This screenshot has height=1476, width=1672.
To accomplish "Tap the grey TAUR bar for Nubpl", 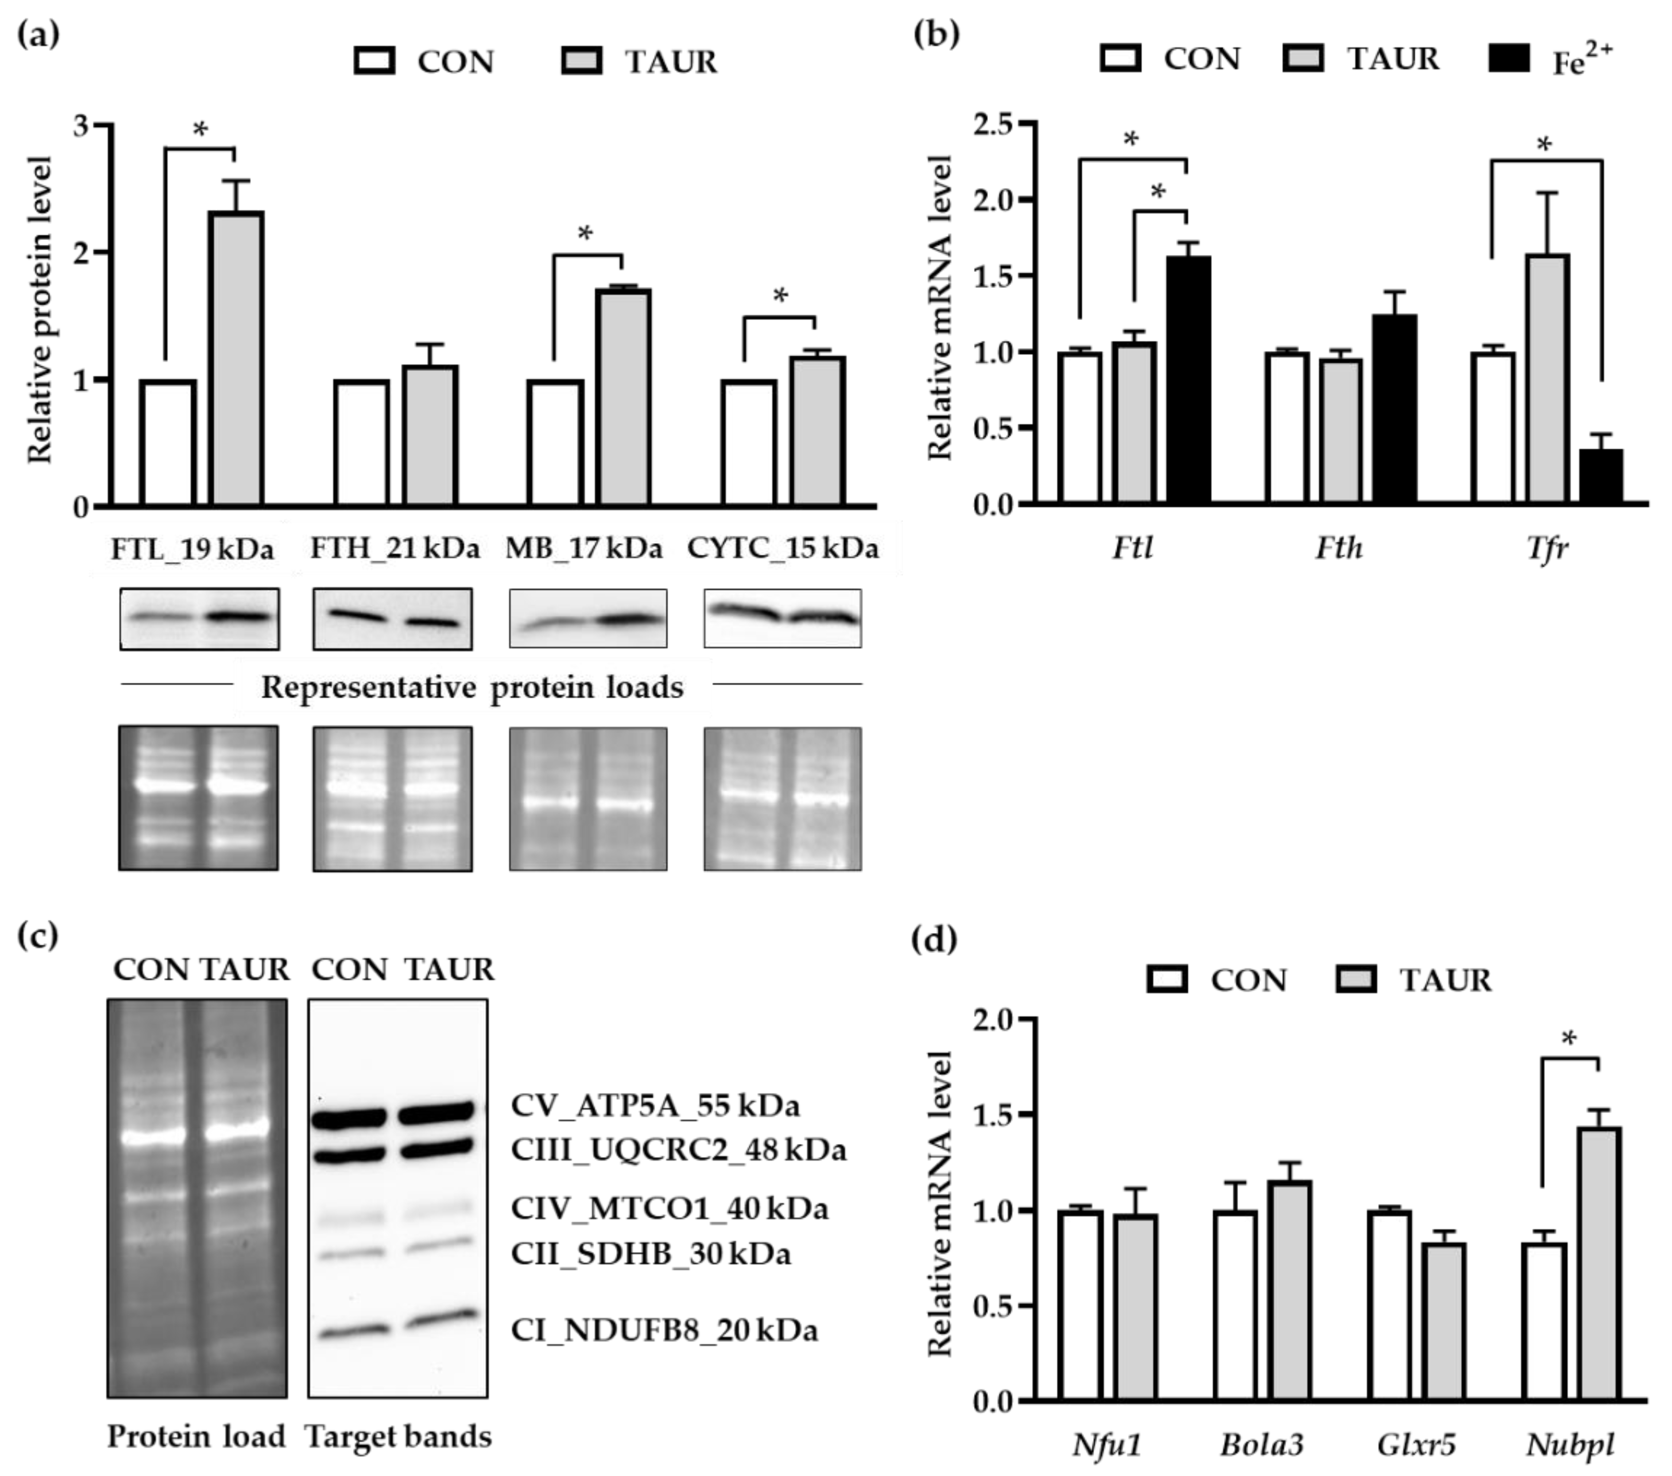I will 1598,1264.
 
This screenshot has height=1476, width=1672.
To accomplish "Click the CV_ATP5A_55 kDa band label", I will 654,1106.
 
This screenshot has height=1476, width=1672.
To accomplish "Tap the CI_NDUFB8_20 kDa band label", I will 663,1331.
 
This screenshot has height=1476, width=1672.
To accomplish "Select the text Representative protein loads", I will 472,687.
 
